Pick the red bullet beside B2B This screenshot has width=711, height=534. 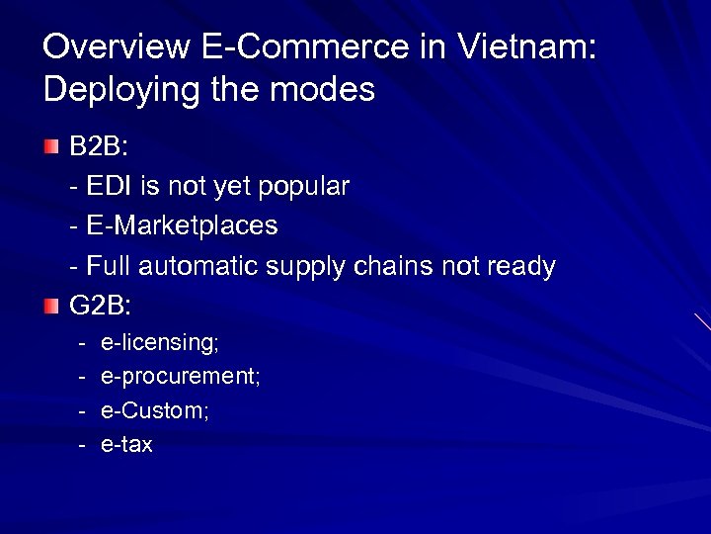pos(51,147)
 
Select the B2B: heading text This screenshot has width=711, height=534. pos(98,147)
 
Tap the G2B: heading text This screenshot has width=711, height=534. pos(100,308)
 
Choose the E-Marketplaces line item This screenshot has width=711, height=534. pos(182,226)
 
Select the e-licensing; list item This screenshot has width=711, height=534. pos(160,342)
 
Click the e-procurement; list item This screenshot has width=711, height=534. pos(181,377)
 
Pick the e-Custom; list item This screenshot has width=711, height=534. pos(155,410)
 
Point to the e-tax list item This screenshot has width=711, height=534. pos(127,445)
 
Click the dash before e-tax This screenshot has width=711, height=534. pos(82,445)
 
